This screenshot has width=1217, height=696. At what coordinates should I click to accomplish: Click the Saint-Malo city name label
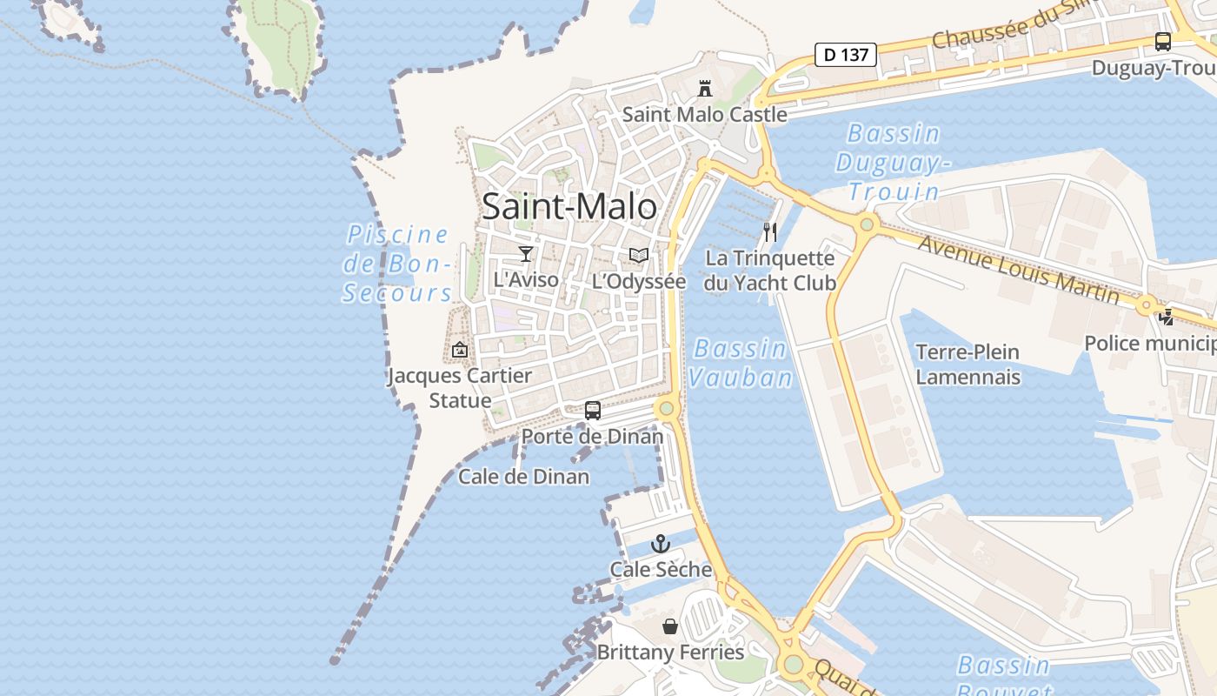[x=569, y=207]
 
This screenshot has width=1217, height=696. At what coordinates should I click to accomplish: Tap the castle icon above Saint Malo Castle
[x=704, y=88]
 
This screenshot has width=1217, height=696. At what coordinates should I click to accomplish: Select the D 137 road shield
[x=845, y=55]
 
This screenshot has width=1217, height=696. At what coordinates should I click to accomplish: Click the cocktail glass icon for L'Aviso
[x=525, y=254]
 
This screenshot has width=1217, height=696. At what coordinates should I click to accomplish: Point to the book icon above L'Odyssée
[x=639, y=255]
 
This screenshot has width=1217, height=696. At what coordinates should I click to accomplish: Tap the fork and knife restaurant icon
[x=769, y=231]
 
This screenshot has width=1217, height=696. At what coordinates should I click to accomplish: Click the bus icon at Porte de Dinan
[x=593, y=410]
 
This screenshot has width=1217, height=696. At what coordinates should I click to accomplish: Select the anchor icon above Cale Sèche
[x=661, y=545]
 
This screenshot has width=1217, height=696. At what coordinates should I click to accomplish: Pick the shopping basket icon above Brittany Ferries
[x=670, y=626]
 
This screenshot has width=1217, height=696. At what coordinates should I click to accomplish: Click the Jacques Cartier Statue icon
[x=460, y=350]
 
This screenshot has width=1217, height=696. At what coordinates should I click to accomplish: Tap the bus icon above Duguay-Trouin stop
[x=1162, y=41]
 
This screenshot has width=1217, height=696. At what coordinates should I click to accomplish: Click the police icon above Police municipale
[x=1166, y=318]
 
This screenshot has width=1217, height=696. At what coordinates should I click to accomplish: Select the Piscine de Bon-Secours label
[x=397, y=264]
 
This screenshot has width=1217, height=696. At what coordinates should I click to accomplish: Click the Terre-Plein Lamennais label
[x=968, y=365]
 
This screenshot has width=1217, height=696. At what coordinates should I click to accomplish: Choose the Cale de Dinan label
[x=523, y=477]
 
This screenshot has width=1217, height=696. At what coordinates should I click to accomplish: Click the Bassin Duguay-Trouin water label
[x=893, y=163]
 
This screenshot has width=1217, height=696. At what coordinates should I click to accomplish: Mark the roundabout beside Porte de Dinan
[x=667, y=408]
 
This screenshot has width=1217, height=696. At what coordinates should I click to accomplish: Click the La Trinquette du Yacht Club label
[x=770, y=271]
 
